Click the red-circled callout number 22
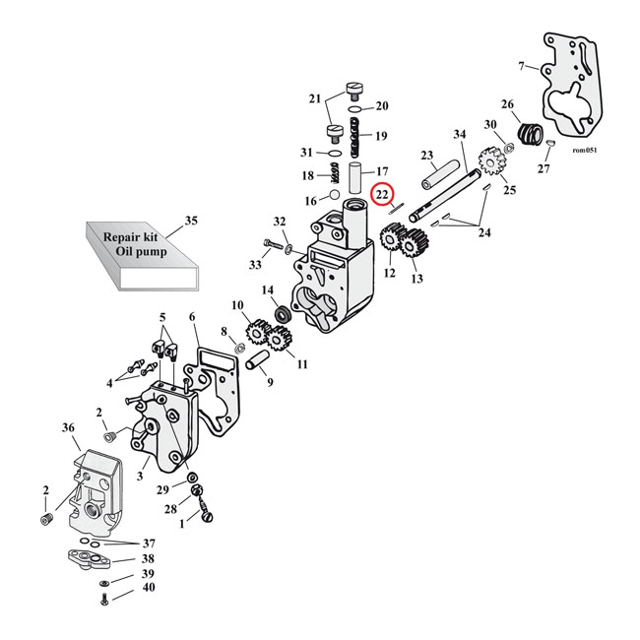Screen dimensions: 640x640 tap(382, 197)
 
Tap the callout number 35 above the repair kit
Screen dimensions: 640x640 tap(191, 221)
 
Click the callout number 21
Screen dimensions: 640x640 tap(315, 99)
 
